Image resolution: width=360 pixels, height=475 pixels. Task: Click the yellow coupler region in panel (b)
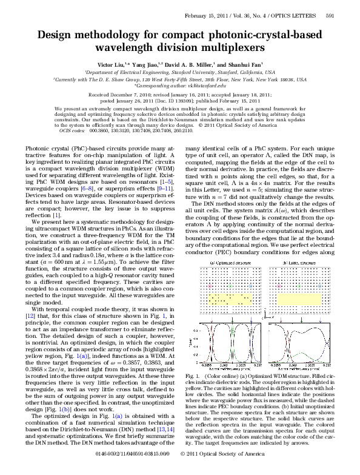coord(301,298)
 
